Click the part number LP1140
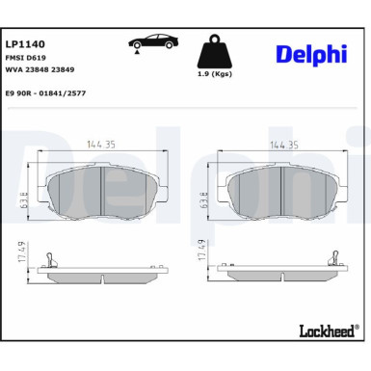tap(25, 44)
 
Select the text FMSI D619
tap(26, 58)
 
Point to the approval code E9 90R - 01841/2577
tap(45, 93)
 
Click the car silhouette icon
tap(154, 41)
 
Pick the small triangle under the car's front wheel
tap(137, 51)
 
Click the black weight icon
tap(215, 51)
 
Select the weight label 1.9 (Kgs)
tap(215, 74)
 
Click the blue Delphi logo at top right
tap(311, 54)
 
